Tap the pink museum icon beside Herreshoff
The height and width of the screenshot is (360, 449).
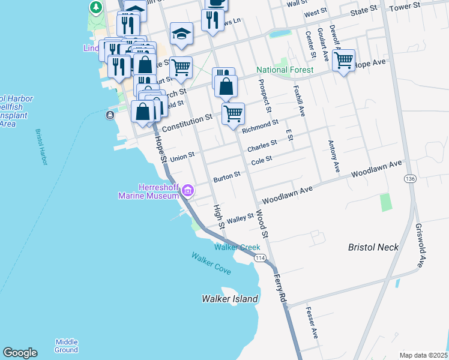[x=188, y=191]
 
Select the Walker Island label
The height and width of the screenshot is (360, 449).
[x=230, y=299]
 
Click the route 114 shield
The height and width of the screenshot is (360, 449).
[x=260, y=258]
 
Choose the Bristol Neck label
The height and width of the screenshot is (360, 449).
[x=374, y=247]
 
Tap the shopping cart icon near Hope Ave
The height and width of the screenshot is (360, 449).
[x=343, y=60]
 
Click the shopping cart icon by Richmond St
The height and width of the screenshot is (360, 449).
[x=233, y=112]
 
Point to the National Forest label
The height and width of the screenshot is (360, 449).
[x=285, y=70]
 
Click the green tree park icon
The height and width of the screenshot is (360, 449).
[x=95, y=7]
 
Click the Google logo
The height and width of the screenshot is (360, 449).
[x=20, y=353]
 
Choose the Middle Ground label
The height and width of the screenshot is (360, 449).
[x=66, y=346]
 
